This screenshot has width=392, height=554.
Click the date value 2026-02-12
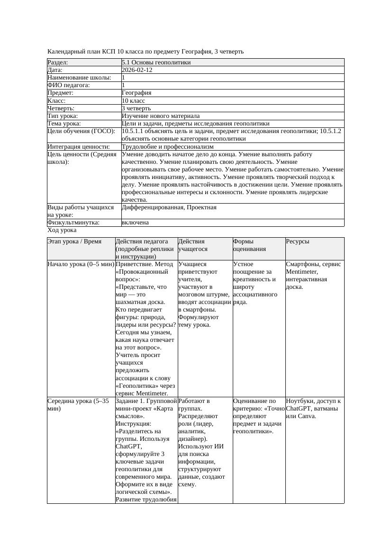[x=137, y=70]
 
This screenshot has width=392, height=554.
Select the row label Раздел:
[x=58, y=63]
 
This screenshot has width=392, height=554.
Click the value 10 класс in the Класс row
[x=133, y=101]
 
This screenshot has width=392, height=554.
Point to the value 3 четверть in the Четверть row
[x=136, y=108]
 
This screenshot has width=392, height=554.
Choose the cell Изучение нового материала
[x=161, y=116]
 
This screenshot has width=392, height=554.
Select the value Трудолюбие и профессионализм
[x=167, y=147]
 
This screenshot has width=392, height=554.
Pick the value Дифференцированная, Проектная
[x=169, y=207]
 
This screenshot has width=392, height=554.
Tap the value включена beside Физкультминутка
[x=135, y=223]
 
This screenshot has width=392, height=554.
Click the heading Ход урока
[x=62, y=230]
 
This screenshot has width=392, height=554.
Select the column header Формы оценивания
[x=249, y=245]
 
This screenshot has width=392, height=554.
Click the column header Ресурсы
[x=298, y=241]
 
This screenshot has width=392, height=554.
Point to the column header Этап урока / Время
[x=74, y=241]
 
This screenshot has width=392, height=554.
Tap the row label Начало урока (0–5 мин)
[x=81, y=264]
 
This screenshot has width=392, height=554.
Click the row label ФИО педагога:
[x=69, y=85]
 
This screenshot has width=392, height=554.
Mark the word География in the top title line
[x=205, y=51]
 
